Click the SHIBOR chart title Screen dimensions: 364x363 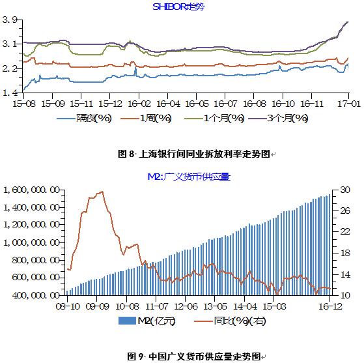coord(178,7)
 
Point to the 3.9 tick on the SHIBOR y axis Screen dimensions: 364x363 coord(10,20)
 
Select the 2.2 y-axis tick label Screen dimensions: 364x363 coord(10,68)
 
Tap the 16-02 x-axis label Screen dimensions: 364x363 coord(139,104)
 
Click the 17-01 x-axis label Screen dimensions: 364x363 coord(348,104)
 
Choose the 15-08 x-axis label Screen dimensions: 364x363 coord(24,104)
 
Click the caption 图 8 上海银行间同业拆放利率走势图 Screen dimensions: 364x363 coord(194,154)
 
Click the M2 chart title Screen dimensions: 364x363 coord(189,177)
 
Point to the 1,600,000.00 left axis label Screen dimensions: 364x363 coord(31,190)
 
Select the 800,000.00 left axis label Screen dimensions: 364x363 coord(36,260)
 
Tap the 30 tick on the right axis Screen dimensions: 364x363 coord(345,190)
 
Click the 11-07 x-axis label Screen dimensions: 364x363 coord(156,306)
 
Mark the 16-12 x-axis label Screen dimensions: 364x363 coord(330,306)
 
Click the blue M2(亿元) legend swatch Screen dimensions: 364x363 coord(127,321)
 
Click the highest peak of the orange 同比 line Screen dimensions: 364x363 coord(102,192)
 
